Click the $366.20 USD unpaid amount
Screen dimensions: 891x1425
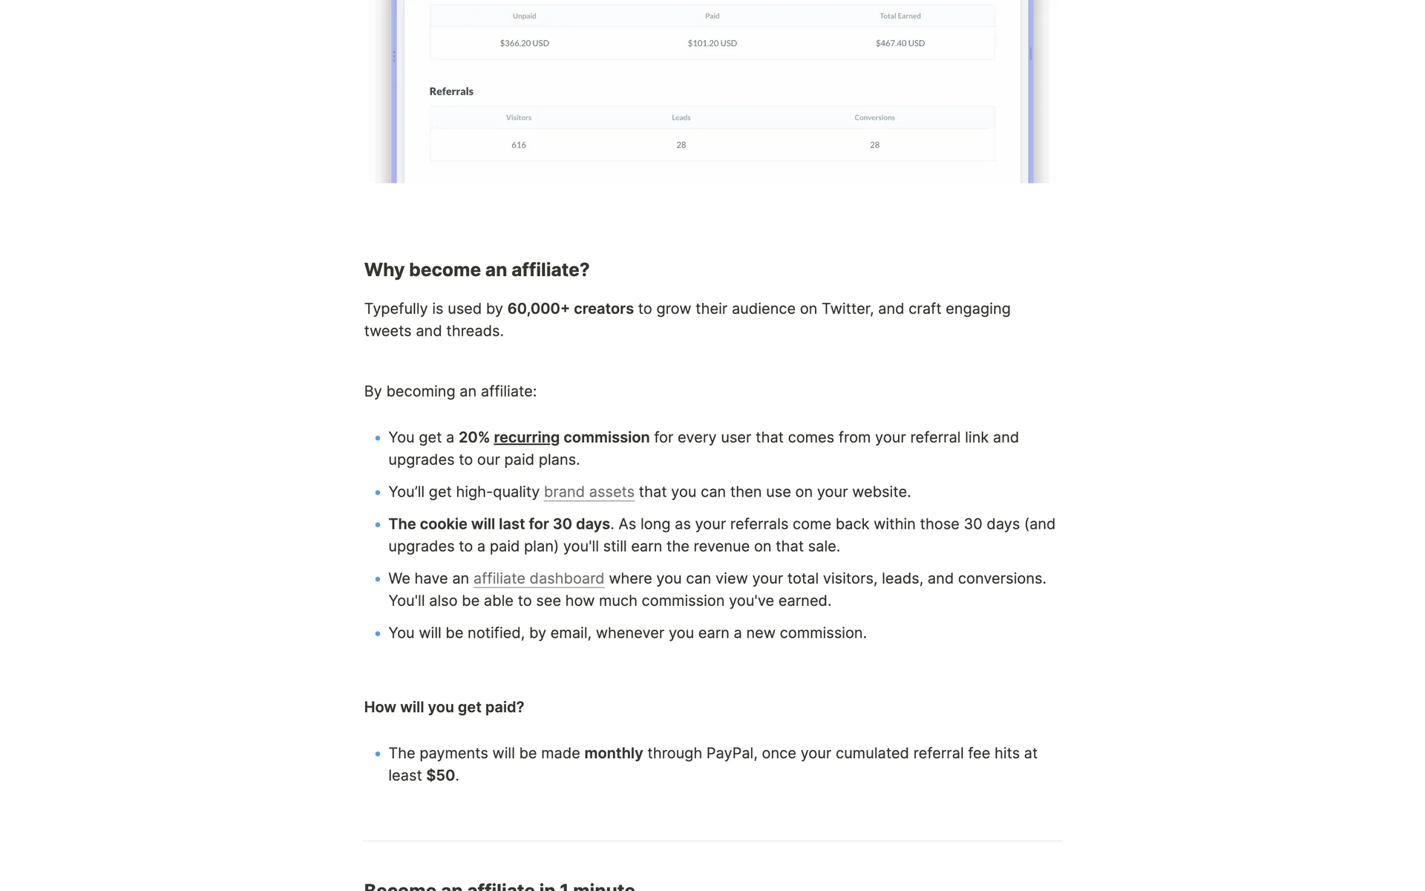click(524, 43)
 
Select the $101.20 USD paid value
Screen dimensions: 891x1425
click(712, 43)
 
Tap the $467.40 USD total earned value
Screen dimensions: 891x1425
click(900, 43)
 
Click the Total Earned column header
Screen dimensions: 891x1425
click(900, 16)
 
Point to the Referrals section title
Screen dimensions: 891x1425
click(451, 91)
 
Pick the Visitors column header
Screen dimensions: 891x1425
click(518, 117)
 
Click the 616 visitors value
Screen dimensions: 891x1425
click(518, 145)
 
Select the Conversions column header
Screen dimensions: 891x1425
click(874, 117)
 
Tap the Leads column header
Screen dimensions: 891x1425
click(681, 117)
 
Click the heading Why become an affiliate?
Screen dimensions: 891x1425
click(476, 270)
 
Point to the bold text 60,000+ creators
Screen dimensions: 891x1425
click(570, 309)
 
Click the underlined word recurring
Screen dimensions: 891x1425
click(526, 437)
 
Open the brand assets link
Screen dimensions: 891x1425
click(589, 492)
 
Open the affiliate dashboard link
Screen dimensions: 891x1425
click(538, 578)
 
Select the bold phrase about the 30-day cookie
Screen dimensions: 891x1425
click(499, 524)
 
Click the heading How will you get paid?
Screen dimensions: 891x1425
click(444, 707)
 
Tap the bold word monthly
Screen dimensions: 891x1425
click(613, 753)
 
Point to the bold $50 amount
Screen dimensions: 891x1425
click(440, 775)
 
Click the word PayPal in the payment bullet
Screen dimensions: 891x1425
click(730, 753)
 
